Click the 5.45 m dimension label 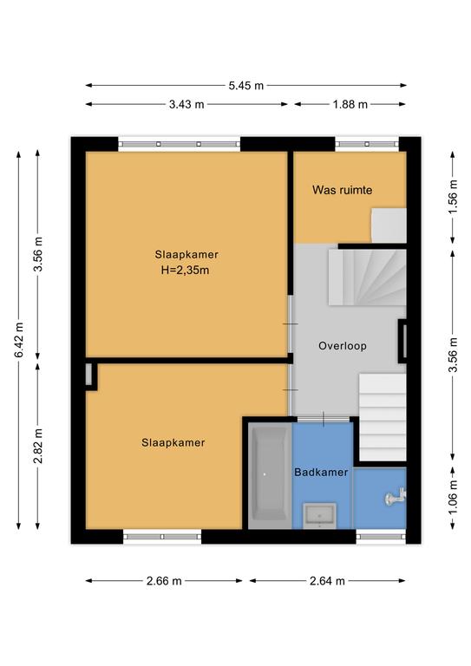tap(245, 85)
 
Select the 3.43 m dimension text tap(186, 104)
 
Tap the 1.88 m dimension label tap(350, 104)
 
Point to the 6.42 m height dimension tap(19, 340)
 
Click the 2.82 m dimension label tap(38, 446)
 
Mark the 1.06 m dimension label tap(453, 497)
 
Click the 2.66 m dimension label tap(164, 581)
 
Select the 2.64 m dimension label tap(327, 581)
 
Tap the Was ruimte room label tap(343, 190)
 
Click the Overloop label tap(343, 346)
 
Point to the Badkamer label tap(321, 472)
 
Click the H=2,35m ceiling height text tap(185, 271)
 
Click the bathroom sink tap(319, 516)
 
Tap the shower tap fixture tap(395, 497)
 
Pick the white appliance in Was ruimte tap(389, 225)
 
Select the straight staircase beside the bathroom tap(383, 416)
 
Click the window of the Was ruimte tap(367, 145)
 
